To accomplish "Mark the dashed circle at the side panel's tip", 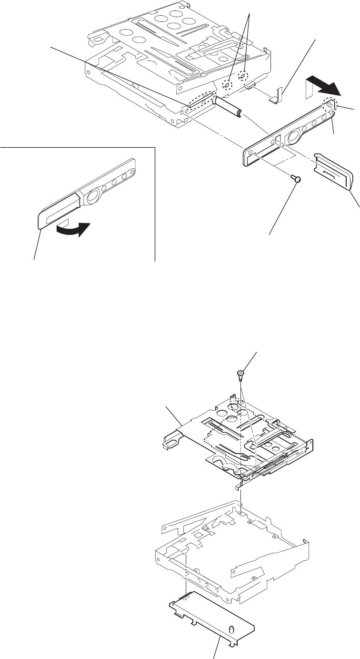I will tap(330, 105).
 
